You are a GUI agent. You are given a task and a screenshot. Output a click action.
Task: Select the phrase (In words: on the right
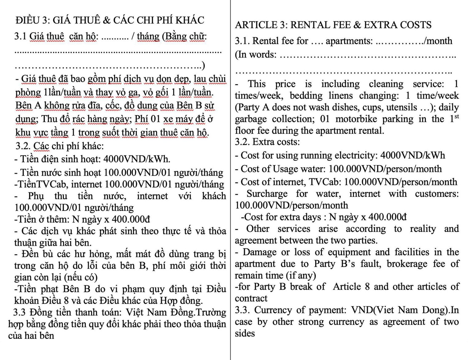[256, 54]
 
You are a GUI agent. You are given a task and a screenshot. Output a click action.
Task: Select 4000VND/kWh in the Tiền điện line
[136, 159]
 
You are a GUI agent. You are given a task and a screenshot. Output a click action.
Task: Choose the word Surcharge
[267, 194]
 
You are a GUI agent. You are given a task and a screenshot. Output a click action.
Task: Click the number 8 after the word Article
[367, 287]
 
